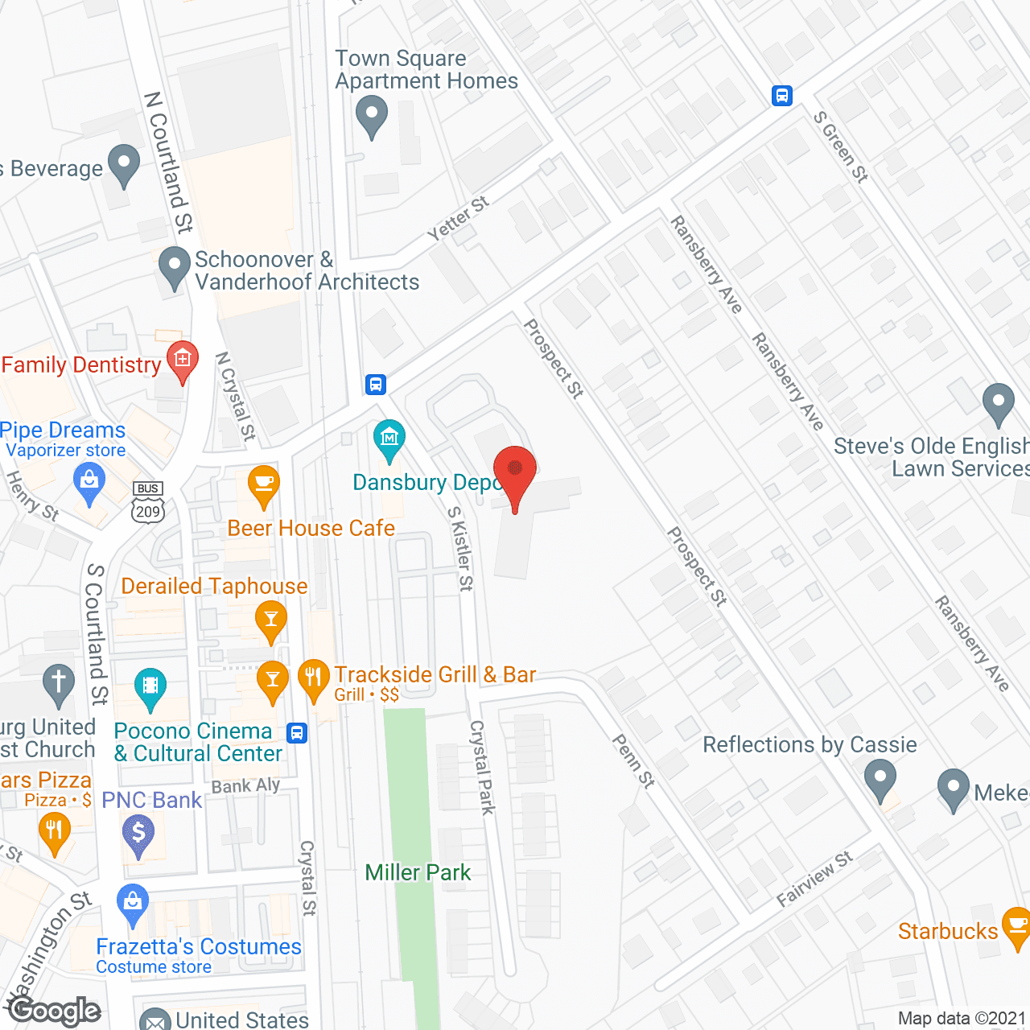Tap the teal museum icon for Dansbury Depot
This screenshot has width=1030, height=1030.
click(x=389, y=439)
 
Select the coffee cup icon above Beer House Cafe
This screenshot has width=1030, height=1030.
click(x=263, y=484)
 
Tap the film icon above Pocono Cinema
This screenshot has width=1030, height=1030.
click(x=150, y=686)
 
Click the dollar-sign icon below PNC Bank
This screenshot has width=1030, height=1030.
click(x=138, y=833)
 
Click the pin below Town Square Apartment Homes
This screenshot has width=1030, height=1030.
click(x=371, y=113)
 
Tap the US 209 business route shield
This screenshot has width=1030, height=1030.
click(x=148, y=504)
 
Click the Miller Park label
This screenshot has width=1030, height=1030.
click(x=418, y=872)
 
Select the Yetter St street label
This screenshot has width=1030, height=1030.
click(x=458, y=218)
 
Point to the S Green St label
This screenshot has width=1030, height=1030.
click(x=841, y=147)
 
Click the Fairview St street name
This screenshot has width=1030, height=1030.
click(x=814, y=880)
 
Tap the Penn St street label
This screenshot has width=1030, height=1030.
click(x=634, y=760)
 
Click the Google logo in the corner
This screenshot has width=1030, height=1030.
click(x=55, y=1011)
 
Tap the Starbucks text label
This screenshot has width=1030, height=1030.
click(x=947, y=931)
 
